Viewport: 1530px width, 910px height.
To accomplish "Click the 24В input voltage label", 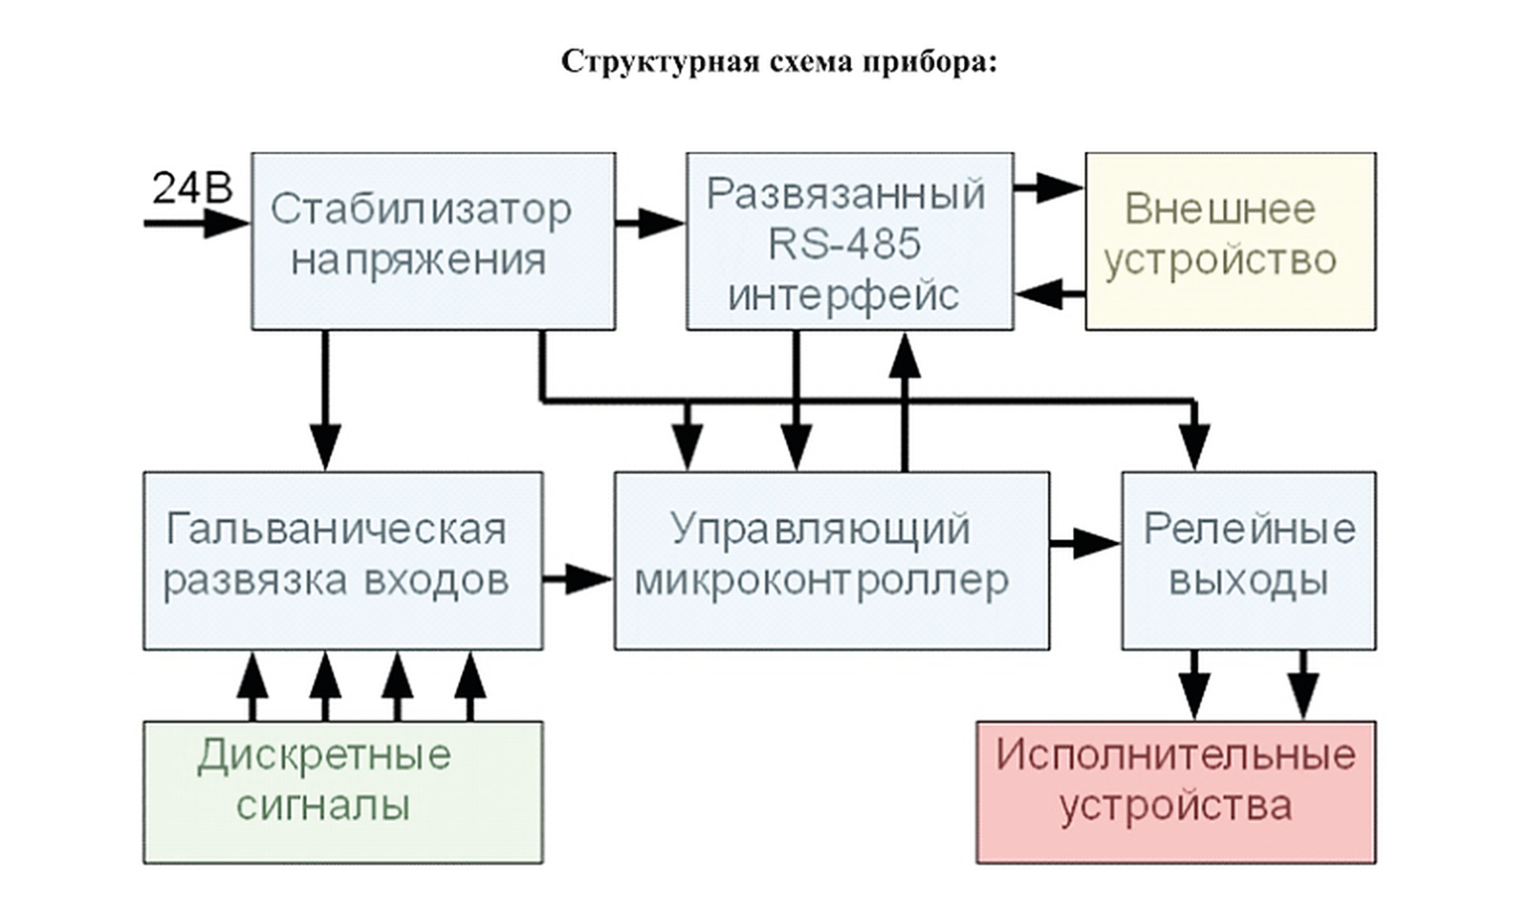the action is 192,187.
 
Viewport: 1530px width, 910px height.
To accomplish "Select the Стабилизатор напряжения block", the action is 434,242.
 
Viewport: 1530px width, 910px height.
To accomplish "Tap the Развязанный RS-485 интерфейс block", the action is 850,242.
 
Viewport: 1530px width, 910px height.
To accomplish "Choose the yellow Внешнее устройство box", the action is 1231,242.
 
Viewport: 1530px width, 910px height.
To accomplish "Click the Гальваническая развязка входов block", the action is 343,560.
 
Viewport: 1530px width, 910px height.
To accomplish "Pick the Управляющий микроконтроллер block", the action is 832,560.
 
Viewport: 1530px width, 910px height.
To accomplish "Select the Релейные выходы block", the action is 1249,560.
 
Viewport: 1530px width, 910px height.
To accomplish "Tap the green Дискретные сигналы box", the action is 343,792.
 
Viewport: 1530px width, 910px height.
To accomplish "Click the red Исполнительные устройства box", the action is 1176,792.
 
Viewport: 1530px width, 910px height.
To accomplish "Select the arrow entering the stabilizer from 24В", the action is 197,224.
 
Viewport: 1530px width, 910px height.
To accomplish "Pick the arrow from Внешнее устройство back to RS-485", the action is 1050,295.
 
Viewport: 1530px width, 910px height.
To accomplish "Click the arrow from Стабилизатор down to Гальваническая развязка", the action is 325,401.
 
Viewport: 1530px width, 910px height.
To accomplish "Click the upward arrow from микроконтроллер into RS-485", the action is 905,401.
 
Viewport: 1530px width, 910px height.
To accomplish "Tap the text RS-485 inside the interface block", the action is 845,244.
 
